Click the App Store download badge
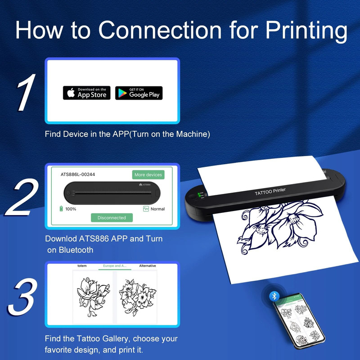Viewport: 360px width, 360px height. [86, 93]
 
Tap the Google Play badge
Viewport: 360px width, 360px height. [139, 93]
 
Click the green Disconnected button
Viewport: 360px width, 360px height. [112, 217]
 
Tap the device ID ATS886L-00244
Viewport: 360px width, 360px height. [78, 174]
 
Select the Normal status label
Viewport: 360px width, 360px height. [157, 209]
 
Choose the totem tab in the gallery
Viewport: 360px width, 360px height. [82, 266]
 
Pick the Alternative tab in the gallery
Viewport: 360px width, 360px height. [147, 266]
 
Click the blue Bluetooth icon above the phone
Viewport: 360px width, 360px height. [274, 296]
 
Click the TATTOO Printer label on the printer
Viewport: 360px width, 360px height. [270, 192]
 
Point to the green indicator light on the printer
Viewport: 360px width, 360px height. [199, 195]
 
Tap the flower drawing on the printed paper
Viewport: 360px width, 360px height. [270, 229]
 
